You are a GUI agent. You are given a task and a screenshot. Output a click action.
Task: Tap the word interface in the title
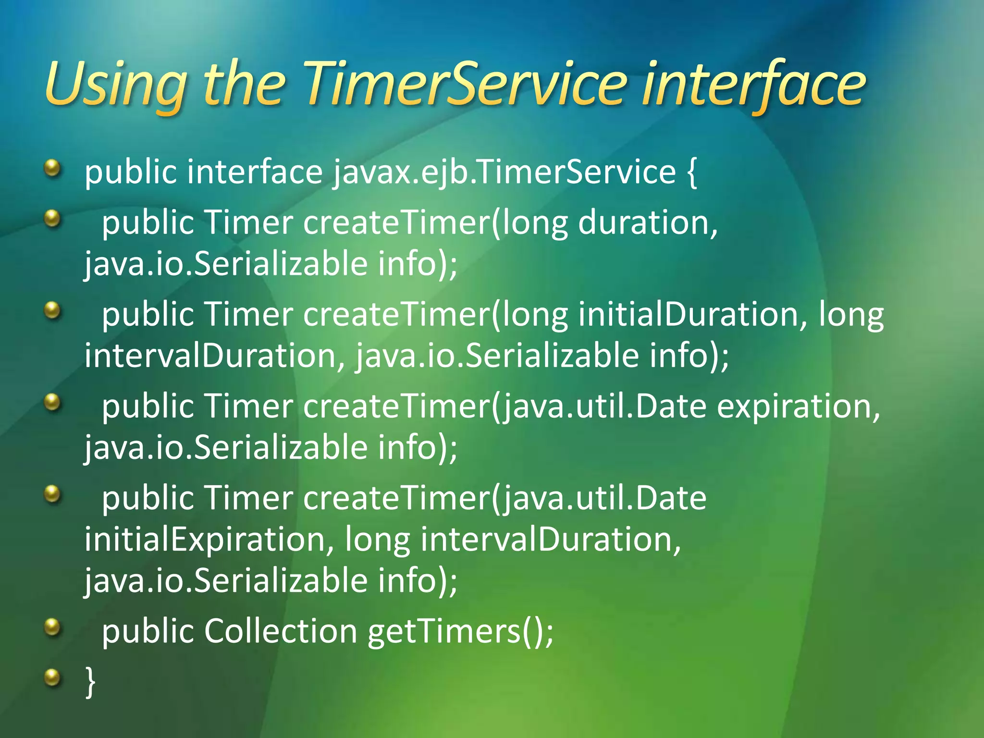pos(754,86)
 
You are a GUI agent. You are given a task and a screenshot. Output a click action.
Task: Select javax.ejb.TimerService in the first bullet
pos(504,172)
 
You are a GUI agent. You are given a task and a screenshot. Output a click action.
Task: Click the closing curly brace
pos(90,681)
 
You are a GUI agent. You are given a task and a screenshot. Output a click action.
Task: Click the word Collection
pos(281,630)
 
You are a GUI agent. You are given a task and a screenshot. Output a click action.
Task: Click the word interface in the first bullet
pos(255,172)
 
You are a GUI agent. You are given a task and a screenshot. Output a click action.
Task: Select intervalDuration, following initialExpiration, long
pos(551,539)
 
